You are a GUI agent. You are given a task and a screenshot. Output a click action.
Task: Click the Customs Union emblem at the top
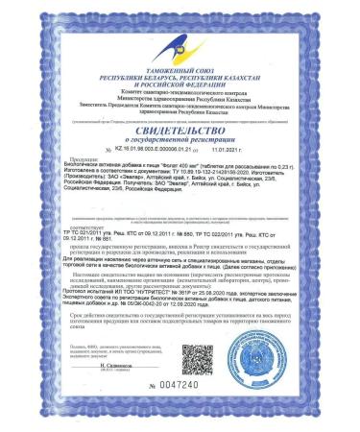click(x=180, y=40)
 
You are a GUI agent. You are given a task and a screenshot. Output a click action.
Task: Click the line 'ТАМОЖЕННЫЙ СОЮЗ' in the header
click(x=180, y=64)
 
